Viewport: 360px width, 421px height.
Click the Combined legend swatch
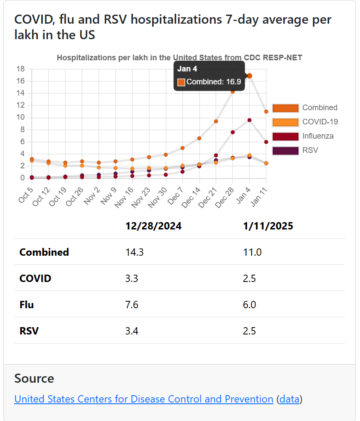click(x=285, y=108)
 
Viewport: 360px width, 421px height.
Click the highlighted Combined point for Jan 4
click(x=249, y=76)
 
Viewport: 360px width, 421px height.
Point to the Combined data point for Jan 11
click(x=266, y=111)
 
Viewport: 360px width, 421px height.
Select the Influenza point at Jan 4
click(x=249, y=120)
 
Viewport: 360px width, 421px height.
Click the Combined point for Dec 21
click(x=216, y=121)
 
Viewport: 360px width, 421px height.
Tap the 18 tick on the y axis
click(x=20, y=69)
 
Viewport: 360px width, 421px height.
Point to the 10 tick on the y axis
click(x=20, y=118)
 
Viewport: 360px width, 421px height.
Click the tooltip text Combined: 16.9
click(x=213, y=82)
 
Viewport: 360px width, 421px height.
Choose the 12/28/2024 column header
click(x=153, y=226)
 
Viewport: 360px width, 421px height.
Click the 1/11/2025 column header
click(x=268, y=226)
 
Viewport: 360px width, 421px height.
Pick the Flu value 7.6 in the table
click(x=132, y=305)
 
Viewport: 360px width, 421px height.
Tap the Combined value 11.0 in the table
click(x=252, y=252)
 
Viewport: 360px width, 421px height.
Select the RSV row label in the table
click(x=29, y=331)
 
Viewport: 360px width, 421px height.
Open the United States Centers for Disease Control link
click(x=144, y=399)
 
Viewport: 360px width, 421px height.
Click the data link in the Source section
click(x=289, y=399)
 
